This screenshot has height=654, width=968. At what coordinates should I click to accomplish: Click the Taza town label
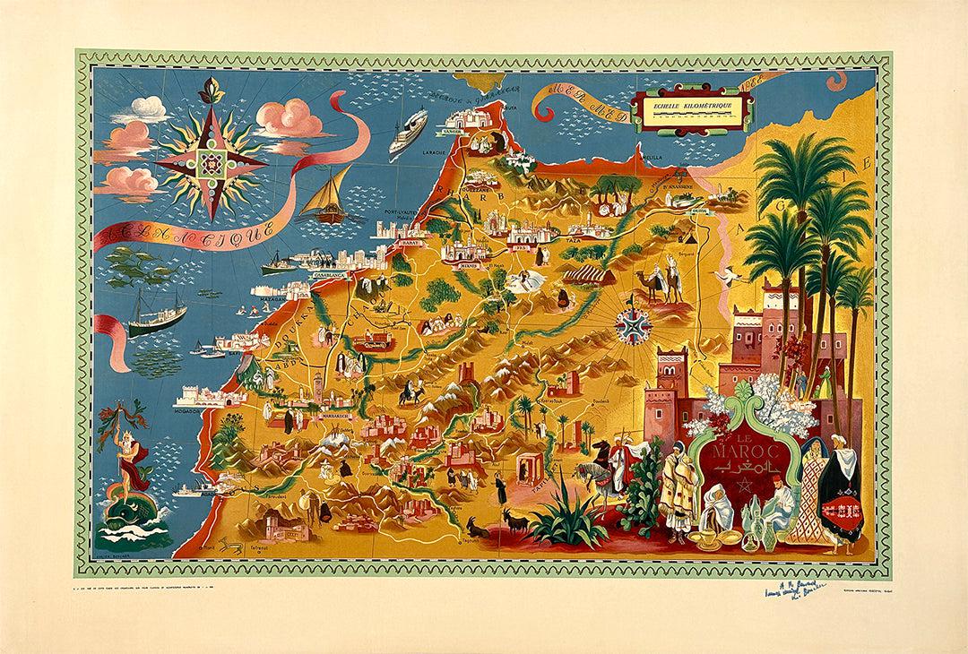(575, 241)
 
